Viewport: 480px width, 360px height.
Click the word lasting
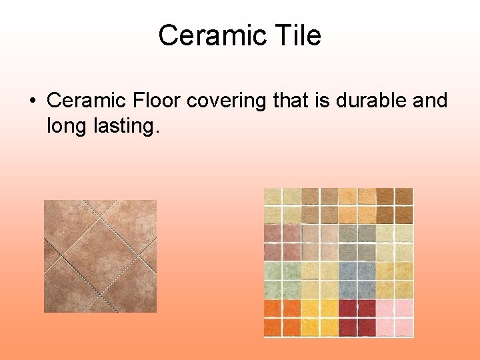(127, 125)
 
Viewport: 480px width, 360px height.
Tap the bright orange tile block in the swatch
(283, 318)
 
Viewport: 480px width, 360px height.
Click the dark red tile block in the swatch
(357, 318)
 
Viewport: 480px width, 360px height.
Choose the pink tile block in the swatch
(395, 318)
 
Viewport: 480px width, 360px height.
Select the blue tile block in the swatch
(357, 280)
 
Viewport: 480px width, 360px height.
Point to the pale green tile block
(283, 280)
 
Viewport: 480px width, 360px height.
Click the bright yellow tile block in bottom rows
(320, 318)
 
